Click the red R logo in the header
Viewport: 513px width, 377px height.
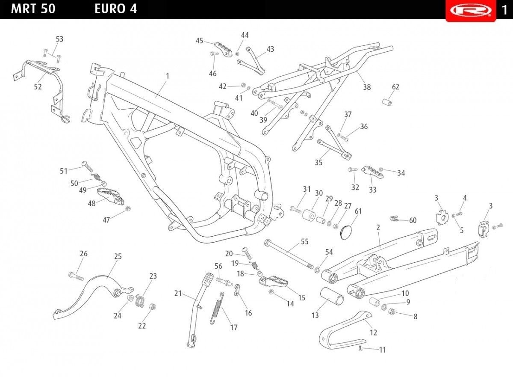pos(471,11)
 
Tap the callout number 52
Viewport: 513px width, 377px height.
pos(38,86)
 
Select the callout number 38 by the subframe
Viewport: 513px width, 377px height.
pos(367,87)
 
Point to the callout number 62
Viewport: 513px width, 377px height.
pos(395,86)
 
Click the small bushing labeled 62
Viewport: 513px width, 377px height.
pos(387,102)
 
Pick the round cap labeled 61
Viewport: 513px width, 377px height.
pos(345,232)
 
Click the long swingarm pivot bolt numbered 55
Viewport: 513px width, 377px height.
pos(289,254)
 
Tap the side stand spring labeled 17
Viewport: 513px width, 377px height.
pos(217,308)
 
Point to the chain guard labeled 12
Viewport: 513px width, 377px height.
pos(345,330)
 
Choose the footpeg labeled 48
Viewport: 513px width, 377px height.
pos(111,196)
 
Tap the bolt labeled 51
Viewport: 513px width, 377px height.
pos(87,166)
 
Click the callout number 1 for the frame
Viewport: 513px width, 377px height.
pos(168,76)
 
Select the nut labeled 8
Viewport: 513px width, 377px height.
pos(392,312)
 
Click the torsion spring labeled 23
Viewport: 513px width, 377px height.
pos(139,300)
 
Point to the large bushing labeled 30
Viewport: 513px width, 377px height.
pos(309,214)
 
